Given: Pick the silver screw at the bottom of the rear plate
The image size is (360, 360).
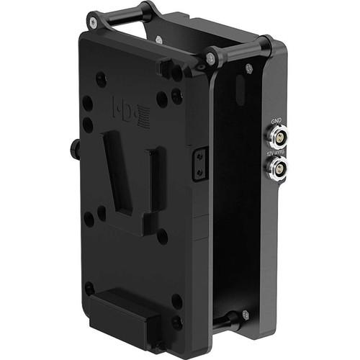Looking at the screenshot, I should click(246, 315).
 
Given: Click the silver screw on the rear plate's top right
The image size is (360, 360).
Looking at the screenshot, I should click(249, 69).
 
